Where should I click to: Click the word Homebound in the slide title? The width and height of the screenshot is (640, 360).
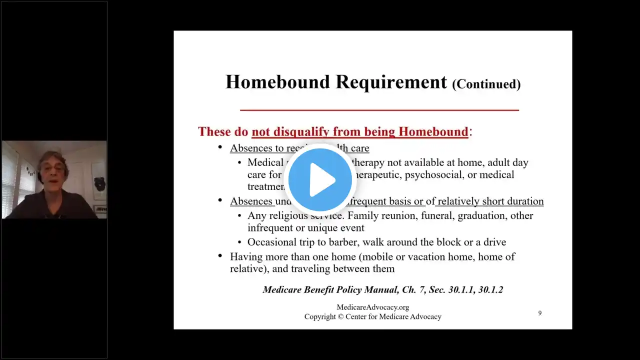click(277, 82)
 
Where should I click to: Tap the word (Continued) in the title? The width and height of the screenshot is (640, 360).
click(486, 84)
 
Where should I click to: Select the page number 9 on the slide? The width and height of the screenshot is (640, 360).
click(539, 313)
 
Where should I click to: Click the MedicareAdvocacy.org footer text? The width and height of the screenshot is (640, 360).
click(372, 307)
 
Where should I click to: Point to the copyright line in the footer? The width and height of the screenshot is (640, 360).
click(372, 316)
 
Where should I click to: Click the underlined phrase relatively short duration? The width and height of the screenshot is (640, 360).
click(490, 201)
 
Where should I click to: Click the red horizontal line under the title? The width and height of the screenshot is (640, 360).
click(379, 109)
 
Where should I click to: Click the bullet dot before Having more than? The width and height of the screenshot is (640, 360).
click(220, 256)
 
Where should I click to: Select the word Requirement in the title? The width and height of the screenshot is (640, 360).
click(391, 82)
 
